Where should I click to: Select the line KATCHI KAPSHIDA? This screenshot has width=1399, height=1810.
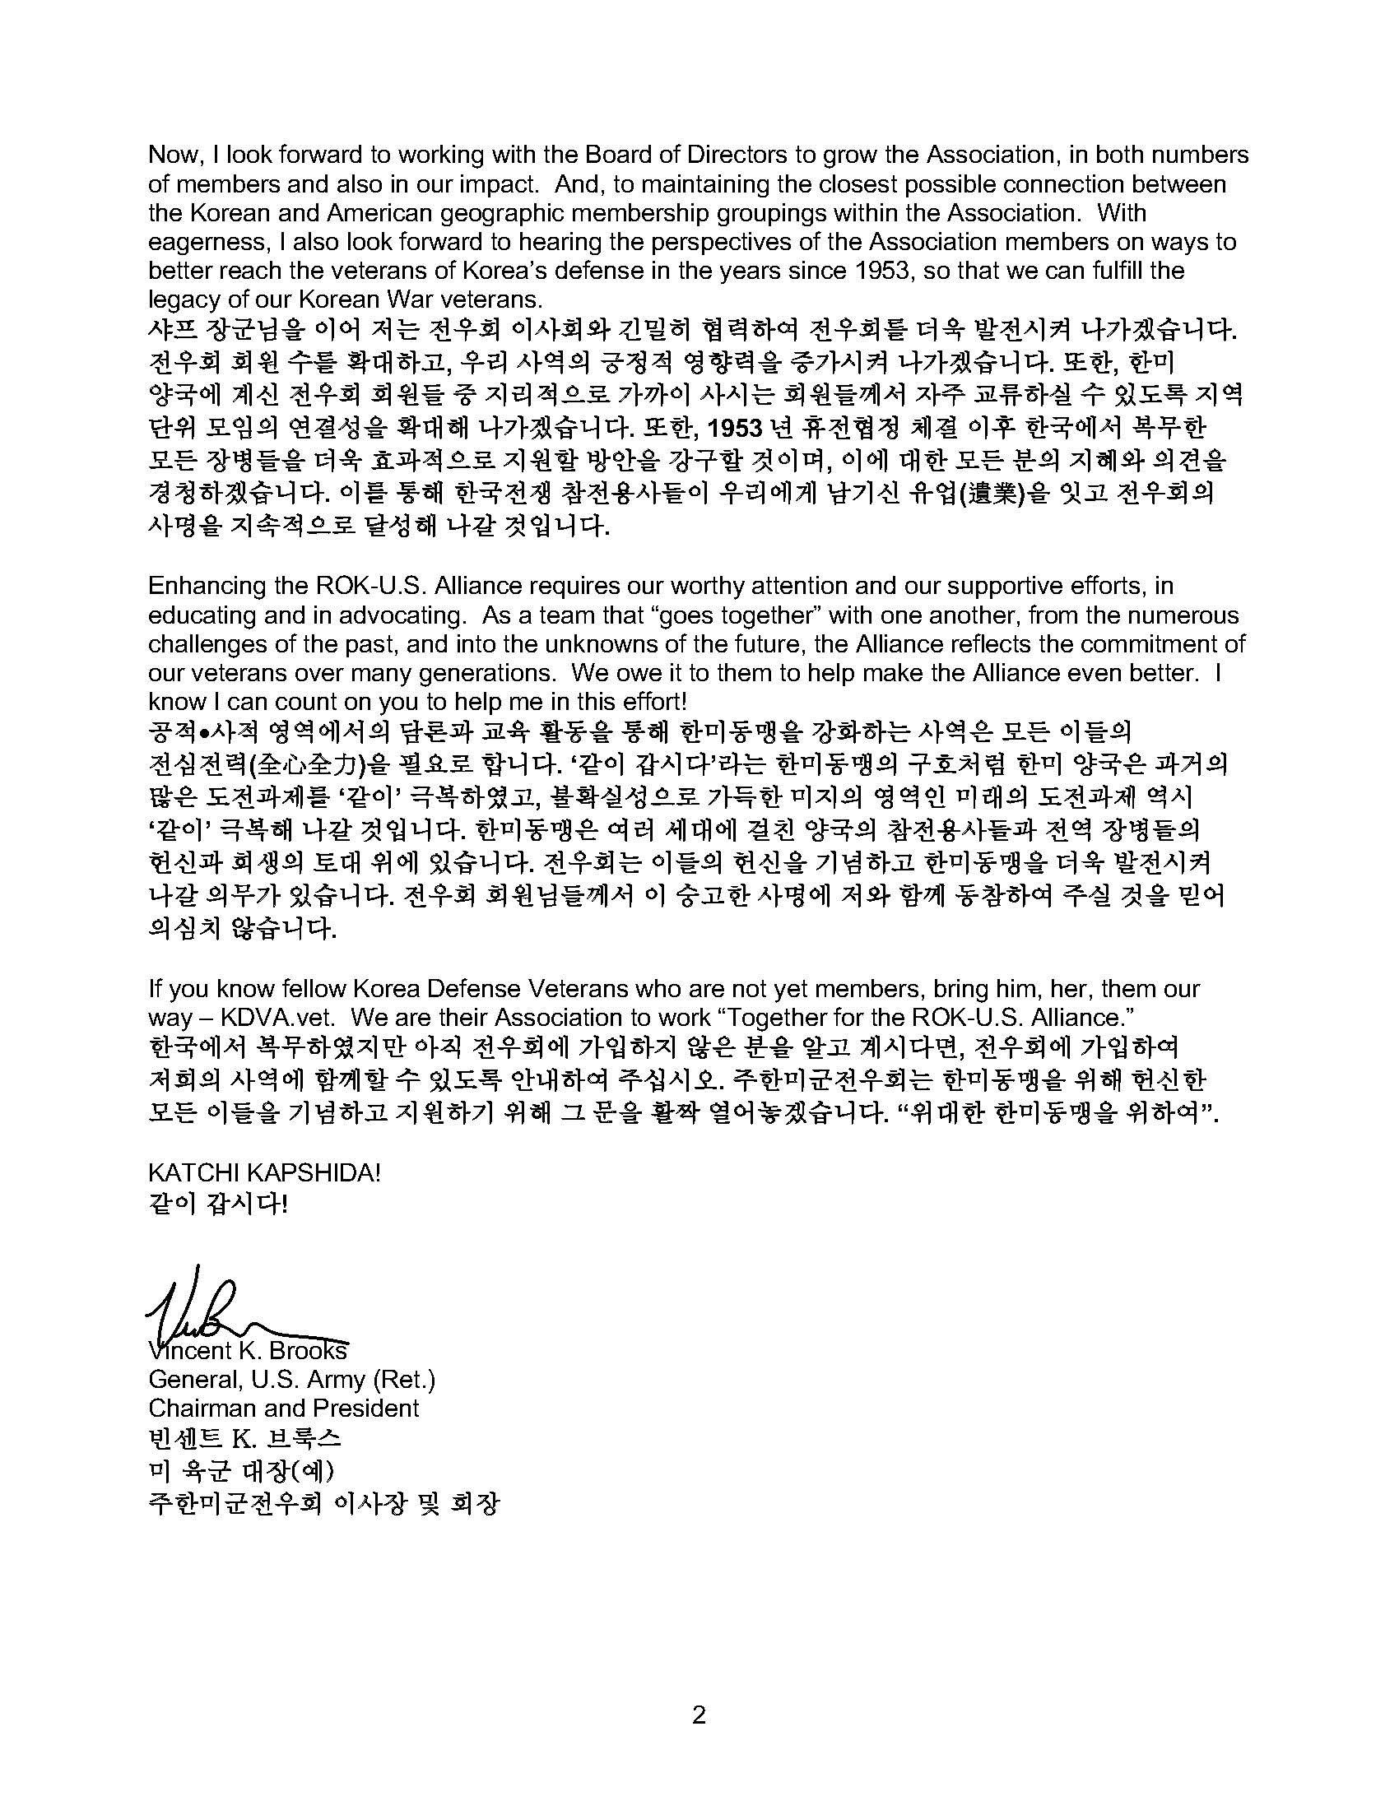click(264, 1173)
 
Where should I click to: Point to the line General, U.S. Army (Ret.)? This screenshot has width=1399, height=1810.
click(292, 1379)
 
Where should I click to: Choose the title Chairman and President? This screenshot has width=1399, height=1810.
click(283, 1408)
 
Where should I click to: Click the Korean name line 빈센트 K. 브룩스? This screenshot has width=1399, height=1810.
click(244, 1438)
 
